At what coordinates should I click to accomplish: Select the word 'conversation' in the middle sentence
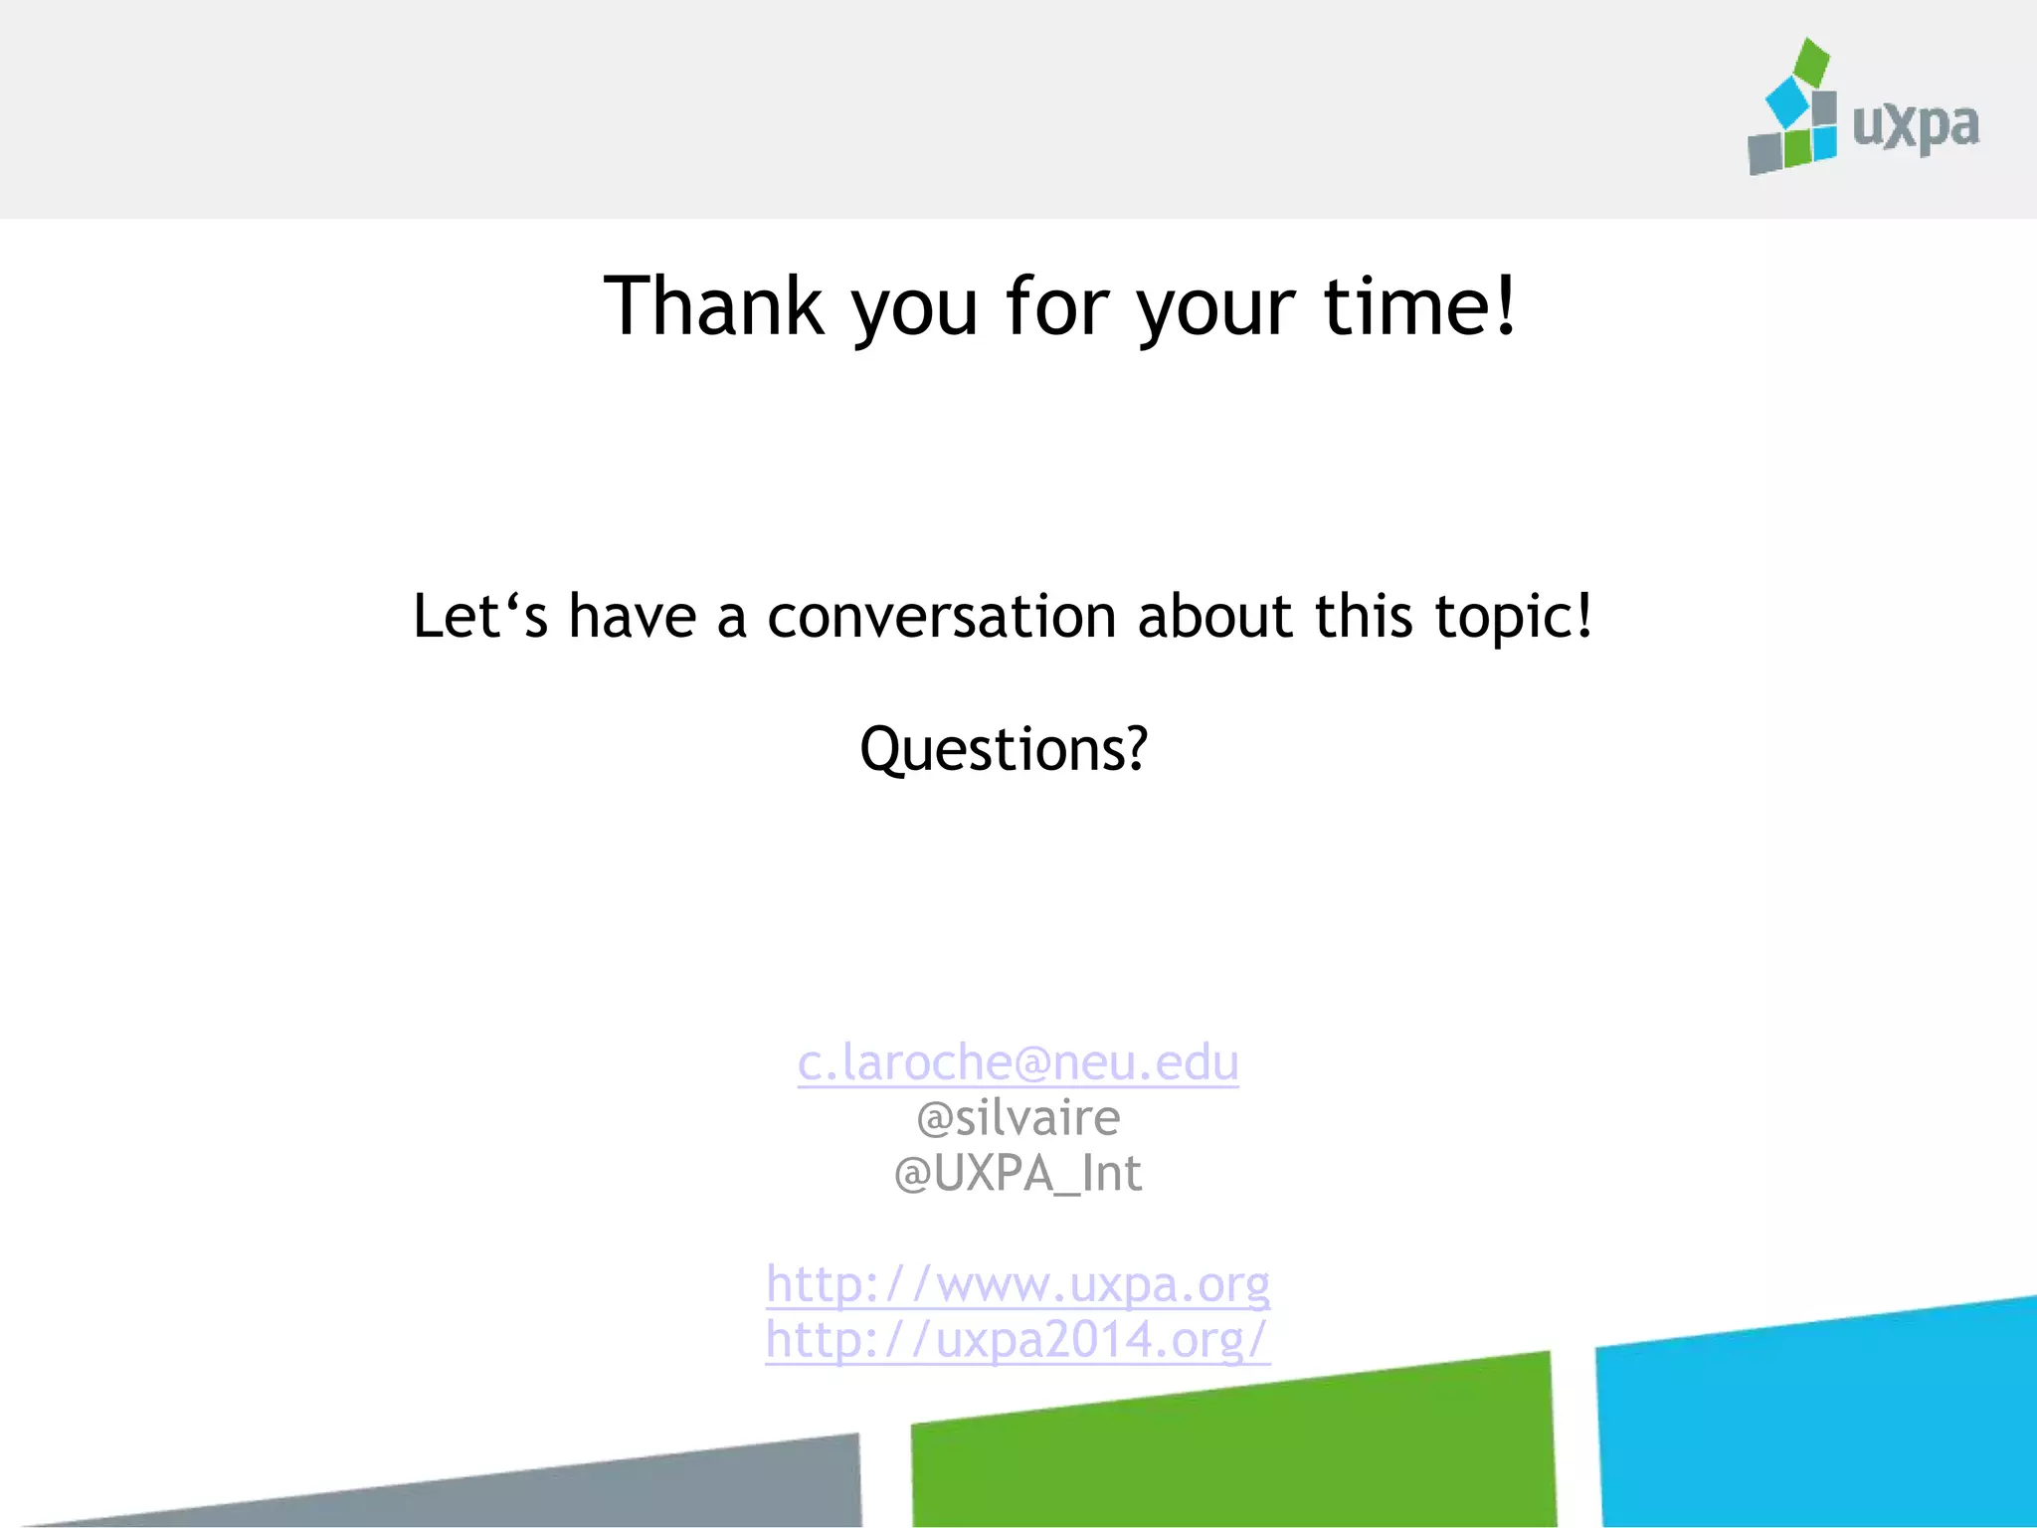(x=942, y=617)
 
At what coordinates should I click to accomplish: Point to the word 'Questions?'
(x=1004, y=749)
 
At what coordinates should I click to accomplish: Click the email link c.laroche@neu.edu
(x=1018, y=1063)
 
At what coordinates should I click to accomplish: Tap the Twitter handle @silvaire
(x=1018, y=1118)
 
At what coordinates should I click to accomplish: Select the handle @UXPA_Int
(x=1018, y=1174)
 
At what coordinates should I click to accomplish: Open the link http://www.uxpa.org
(x=1018, y=1284)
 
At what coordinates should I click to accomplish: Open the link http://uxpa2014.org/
(x=1018, y=1340)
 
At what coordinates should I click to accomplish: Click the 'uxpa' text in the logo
(x=1915, y=126)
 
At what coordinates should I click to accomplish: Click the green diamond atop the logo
(x=1811, y=62)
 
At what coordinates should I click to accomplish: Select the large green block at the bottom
(x=1233, y=1447)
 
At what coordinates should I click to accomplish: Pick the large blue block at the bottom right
(x=1820, y=1423)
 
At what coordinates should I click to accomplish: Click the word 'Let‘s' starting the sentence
(x=479, y=617)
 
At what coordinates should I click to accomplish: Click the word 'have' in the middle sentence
(x=632, y=617)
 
